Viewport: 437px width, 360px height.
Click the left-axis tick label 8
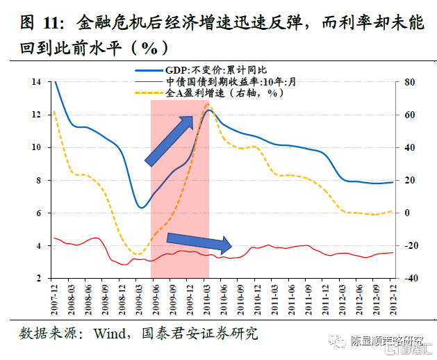[39, 180]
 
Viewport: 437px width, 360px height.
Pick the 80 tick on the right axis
[409, 82]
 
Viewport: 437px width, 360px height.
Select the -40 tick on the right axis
[409, 278]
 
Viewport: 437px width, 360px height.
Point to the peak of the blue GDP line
[209, 110]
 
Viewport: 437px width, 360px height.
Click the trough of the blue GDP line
[141, 207]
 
